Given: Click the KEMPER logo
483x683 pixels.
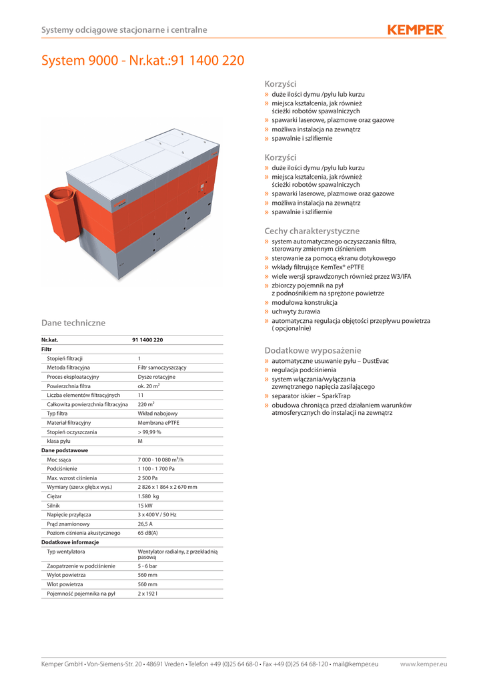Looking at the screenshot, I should click(x=415, y=29).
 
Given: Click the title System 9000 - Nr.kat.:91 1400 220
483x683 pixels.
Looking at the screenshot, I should click(x=143, y=61).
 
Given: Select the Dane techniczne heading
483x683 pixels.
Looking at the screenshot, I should click(x=73, y=323).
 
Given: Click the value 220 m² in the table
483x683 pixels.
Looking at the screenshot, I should click(x=146, y=404).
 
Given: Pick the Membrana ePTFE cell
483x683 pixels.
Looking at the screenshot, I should click(x=158, y=423).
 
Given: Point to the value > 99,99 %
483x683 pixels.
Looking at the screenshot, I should click(x=149, y=432).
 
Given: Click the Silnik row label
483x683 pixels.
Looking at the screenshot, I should click(x=54, y=506).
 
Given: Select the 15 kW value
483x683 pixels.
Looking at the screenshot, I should click(x=146, y=506).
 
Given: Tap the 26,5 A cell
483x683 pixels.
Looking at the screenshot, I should click(x=146, y=524).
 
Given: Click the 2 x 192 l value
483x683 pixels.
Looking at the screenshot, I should click(x=147, y=593).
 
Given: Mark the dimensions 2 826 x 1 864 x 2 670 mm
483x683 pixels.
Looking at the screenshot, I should click(x=167, y=487).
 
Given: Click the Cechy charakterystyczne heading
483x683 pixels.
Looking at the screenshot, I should click(x=312, y=231).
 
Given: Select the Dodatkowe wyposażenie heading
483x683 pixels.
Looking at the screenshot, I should click(x=313, y=350).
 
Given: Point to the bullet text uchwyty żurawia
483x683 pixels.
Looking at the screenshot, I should click(x=296, y=311).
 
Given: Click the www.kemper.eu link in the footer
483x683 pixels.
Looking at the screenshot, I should click(x=424, y=664).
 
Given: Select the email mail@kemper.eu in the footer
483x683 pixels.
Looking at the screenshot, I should click(x=356, y=664).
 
